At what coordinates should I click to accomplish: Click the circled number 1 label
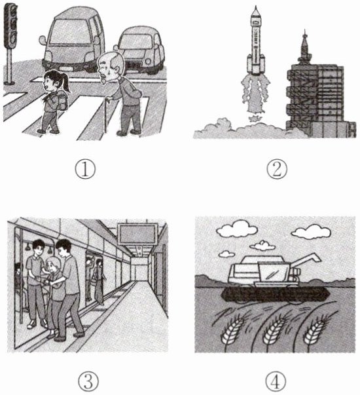click(x=85, y=169)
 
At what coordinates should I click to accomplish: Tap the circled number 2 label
click(x=277, y=169)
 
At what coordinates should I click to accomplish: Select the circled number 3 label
click(x=88, y=382)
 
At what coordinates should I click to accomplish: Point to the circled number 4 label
click(x=276, y=382)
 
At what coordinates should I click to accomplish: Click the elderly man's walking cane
click(x=107, y=115)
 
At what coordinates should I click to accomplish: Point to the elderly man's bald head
click(x=111, y=61)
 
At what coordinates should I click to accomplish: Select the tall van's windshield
click(x=70, y=32)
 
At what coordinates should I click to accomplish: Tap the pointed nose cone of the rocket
click(x=256, y=10)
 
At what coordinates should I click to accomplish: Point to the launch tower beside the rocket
click(x=315, y=96)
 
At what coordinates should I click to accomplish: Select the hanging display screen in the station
click(x=137, y=234)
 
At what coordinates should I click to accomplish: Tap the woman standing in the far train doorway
click(x=98, y=282)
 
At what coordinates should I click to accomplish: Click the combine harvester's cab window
click(x=274, y=274)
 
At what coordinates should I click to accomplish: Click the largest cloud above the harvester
click(x=237, y=229)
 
